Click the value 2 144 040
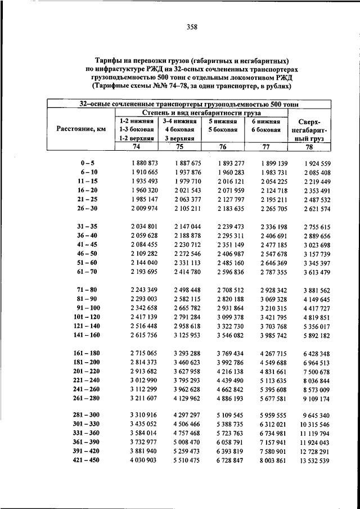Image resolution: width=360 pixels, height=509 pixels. (141, 263)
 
